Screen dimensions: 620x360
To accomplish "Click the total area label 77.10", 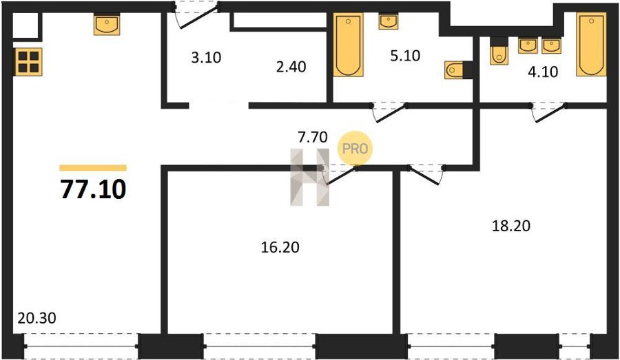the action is [93, 189].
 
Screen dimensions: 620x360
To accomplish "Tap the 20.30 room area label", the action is [37, 318].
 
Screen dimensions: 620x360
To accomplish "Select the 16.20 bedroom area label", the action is [280, 247].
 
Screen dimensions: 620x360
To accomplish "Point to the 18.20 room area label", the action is [511, 226].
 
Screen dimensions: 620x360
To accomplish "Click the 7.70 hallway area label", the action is [312, 137].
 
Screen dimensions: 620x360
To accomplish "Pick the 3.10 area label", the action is [206, 58].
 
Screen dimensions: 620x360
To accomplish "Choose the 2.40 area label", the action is [291, 67].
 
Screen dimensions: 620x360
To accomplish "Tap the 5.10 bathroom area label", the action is [405, 56].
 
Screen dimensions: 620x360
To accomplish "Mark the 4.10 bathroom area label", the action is [543, 72].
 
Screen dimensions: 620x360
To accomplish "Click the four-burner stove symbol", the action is [28, 62].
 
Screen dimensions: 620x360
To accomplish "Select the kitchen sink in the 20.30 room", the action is [107, 25].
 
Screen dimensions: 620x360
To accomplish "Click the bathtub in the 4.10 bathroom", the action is [591, 44].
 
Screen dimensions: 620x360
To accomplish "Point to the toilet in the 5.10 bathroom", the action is [454, 70].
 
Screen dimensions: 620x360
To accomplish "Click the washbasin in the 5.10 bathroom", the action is [389, 21].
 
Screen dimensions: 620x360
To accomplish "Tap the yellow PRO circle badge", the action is [355, 149].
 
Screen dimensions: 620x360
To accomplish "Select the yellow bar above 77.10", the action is [93, 168].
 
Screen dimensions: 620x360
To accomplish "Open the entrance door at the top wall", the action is [196, 16].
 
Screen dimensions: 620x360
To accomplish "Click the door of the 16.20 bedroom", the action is [340, 176].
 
